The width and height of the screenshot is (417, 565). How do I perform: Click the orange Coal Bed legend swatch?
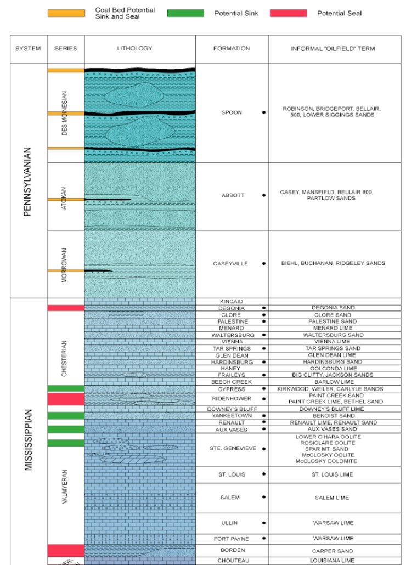pyautogui.click(x=66, y=13)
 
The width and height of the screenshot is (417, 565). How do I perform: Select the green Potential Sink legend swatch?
pyautogui.click(x=185, y=13)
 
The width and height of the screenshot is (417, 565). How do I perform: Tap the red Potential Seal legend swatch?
pyautogui.click(x=288, y=13)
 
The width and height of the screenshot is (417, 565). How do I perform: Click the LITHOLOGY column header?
pyautogui.click(x=134, y=49)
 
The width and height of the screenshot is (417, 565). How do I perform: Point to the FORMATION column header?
pyautogui.click(x=232, y=49)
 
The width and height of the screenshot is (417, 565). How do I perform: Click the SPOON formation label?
pyautogui.click(x=232, y=112)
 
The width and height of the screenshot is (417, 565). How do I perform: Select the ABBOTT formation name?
pyautogui.click(x=233, y=195)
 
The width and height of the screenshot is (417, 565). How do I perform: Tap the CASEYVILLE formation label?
pyautogui.click(x=230, y=264)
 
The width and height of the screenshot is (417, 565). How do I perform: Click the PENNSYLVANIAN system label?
pyautogui.click(x=28, y=181)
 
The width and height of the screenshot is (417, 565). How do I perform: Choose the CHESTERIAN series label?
pyautogui.click(x=64, y=358)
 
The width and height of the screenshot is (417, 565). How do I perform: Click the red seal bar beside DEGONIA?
pyautogui.click(x=66, y=308)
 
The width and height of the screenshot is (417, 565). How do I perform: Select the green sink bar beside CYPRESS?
pyautogui.click(x=66, y=389)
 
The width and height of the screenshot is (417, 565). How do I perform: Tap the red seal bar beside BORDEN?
pyautogui.click(x=66, y=550)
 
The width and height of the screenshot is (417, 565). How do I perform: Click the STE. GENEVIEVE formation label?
pyautogui.click(x=233, y=449)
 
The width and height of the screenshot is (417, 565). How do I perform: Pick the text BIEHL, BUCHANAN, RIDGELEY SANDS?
pyautogui.click(x=333, y=263)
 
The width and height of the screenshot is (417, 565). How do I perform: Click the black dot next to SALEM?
pyautogui.click(x=264, y=497)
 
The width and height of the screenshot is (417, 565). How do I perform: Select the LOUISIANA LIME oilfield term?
pyautogui.click(x=333, y=561)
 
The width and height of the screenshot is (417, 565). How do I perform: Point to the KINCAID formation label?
pyautogui.click(x=231, y=302)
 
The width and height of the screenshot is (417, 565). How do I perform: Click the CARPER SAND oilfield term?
pyautogui.click(x=333, y=551)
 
